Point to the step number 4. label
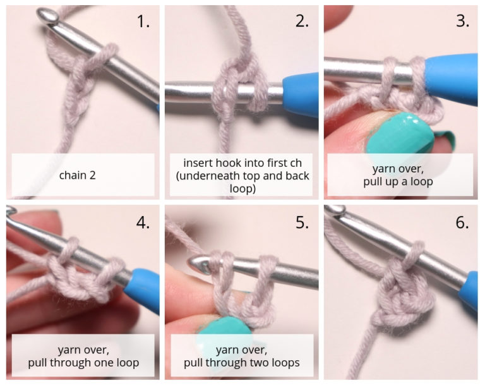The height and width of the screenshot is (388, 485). tap(143, 222)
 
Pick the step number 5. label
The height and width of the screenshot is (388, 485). tap(302, 222)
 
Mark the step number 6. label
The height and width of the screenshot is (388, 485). tap(462, 222)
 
